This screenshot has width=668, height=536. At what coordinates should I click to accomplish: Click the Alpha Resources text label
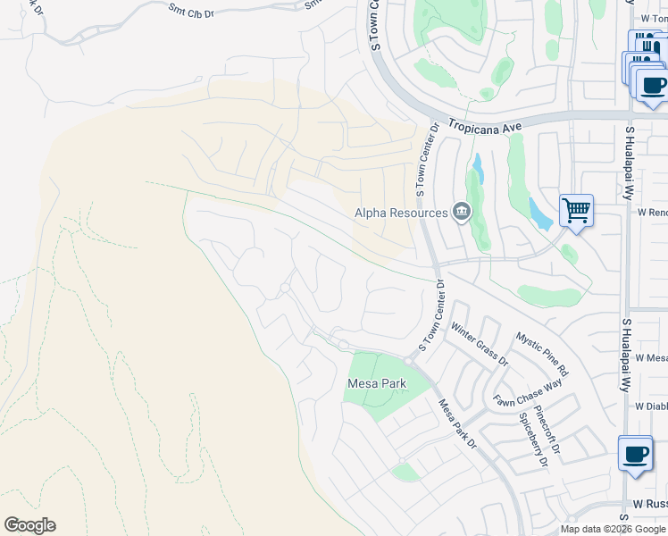click(x=401, y=213)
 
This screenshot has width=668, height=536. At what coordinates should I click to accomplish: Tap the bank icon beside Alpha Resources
click(x=462, y=212)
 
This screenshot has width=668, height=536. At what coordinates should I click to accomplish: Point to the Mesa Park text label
click(x=376, y=383)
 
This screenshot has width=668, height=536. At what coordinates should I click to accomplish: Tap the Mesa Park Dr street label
click(x=459, y=423)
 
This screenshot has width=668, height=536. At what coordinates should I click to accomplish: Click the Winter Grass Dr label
click(x=480, y=344)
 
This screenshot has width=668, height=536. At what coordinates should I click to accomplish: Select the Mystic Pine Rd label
click(x=542, y=354)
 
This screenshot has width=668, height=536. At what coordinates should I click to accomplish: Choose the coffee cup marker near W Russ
click(x=635, y=454)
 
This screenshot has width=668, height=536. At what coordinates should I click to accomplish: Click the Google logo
click(x=29, y=525)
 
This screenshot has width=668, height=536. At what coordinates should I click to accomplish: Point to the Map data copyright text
click(x=613, y=529)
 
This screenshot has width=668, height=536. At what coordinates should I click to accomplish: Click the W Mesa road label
click(x=651, y=357)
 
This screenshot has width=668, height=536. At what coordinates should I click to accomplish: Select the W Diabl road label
click(x=651, y=406)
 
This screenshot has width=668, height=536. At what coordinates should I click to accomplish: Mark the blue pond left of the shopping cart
click(x=540, y=214)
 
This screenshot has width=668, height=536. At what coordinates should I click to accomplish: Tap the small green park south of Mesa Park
click(x=406, y=472)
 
